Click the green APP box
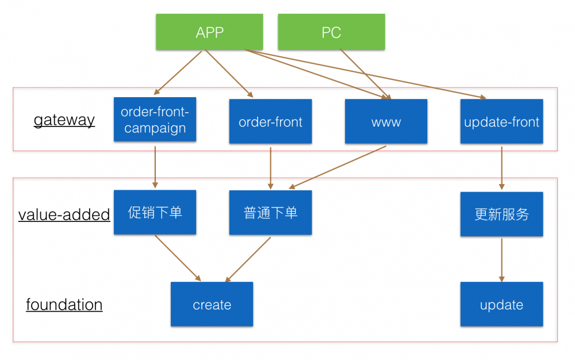point(209,32)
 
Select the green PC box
point(331,32)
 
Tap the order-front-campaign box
point(155,120)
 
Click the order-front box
point(270,121)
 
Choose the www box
point(386,121)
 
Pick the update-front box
point(501,121)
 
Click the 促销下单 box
point(155,212)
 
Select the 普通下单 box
point(270,212)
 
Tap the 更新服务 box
point(501,214)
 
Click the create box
point(212,304)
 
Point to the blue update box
point(501,304)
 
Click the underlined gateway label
point(64,120)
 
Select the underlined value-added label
point(64,215)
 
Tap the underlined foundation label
point(64,304)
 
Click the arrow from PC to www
point(365,74)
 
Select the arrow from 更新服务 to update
point(501,259)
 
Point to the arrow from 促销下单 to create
point(177,258)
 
